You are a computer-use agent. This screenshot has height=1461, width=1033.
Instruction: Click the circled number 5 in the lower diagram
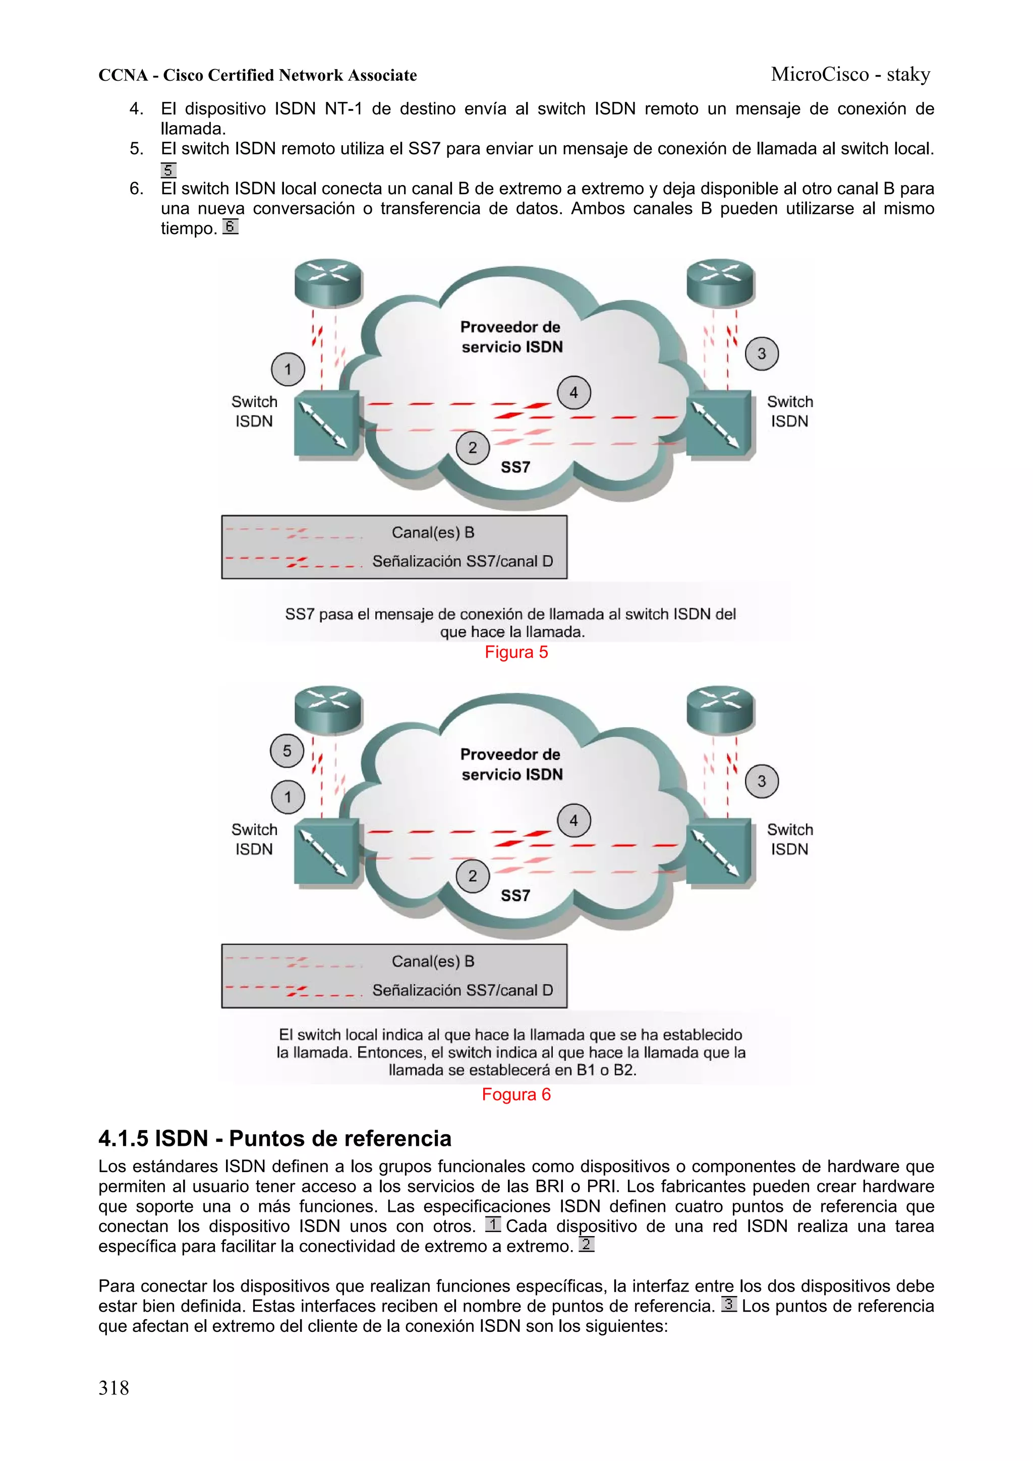287,751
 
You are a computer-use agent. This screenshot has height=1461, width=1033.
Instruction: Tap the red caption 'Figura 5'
516,652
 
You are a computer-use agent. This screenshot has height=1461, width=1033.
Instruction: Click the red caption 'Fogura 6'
516,1094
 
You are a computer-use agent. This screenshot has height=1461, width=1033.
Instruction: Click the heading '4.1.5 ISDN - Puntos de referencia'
275,1138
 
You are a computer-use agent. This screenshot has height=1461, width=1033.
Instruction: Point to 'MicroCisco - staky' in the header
850,75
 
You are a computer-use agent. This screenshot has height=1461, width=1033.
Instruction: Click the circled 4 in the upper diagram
573,393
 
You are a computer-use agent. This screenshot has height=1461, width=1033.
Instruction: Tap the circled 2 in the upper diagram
472,448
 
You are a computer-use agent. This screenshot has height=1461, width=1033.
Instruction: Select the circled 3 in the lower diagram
761,781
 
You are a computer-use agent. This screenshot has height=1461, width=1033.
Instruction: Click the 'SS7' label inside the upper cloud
515,467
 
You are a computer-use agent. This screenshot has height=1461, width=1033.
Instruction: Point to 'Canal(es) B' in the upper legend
433,533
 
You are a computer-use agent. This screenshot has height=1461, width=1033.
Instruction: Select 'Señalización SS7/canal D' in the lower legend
463,990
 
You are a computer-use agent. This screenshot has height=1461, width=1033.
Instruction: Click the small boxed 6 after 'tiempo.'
231,226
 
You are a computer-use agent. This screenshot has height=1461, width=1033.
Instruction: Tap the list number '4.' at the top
136,109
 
